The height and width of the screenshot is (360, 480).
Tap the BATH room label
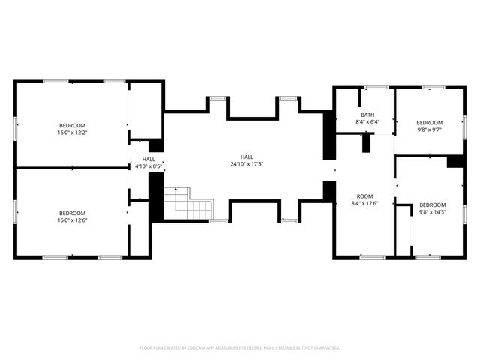coord(367,115)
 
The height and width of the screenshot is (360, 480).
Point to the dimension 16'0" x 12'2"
coord(72,133)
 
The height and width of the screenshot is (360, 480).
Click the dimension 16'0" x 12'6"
coord(72,220)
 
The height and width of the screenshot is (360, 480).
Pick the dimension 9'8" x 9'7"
coord(430,130)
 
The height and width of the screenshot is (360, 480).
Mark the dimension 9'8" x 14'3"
coord(432,213)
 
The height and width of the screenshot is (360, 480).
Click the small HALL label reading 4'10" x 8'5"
coord(148,166)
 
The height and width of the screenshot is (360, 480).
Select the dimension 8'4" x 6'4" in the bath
coord(367,122)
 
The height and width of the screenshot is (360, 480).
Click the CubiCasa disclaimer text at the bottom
coord(240,348)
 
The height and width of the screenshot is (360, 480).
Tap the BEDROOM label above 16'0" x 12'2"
coord(72,125)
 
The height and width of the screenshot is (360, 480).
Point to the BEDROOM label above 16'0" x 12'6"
coord(72,213)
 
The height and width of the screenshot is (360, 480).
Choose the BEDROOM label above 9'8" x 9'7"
coord(430,122)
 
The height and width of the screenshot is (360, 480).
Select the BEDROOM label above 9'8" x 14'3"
coord(432,205)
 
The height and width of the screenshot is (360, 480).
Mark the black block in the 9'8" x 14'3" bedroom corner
coord(454,161)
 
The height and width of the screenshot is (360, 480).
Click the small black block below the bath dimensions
coord(366,142)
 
